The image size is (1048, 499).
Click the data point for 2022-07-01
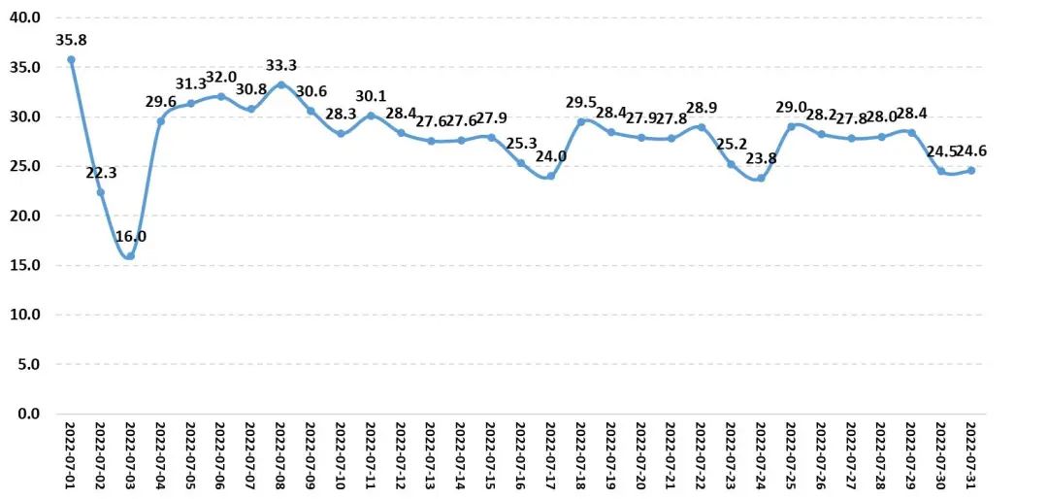coord(71,59)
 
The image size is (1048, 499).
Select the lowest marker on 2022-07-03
coord(130,256)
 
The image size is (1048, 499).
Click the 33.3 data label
coord(280,66)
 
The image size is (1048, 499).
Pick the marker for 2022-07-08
coord(280,84)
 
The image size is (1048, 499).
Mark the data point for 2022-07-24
coord(761,178)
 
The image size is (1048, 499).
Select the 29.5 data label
coord(581,103)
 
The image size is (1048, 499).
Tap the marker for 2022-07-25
coord(791,126)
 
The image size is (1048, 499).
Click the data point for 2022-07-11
coord(371,116)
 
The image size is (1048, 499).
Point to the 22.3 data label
coord(101,173)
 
